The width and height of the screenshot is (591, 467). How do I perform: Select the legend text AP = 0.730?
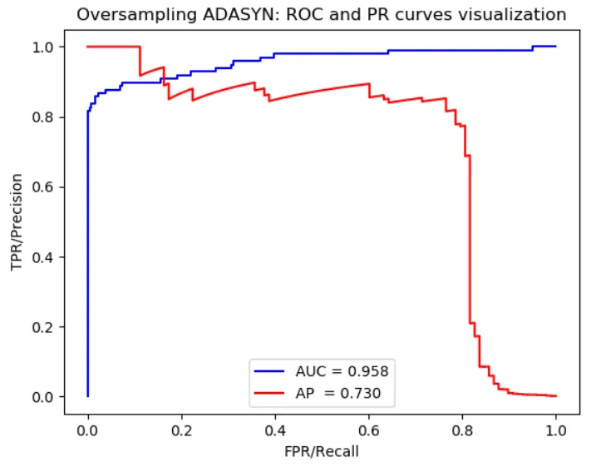coord(342,390)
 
